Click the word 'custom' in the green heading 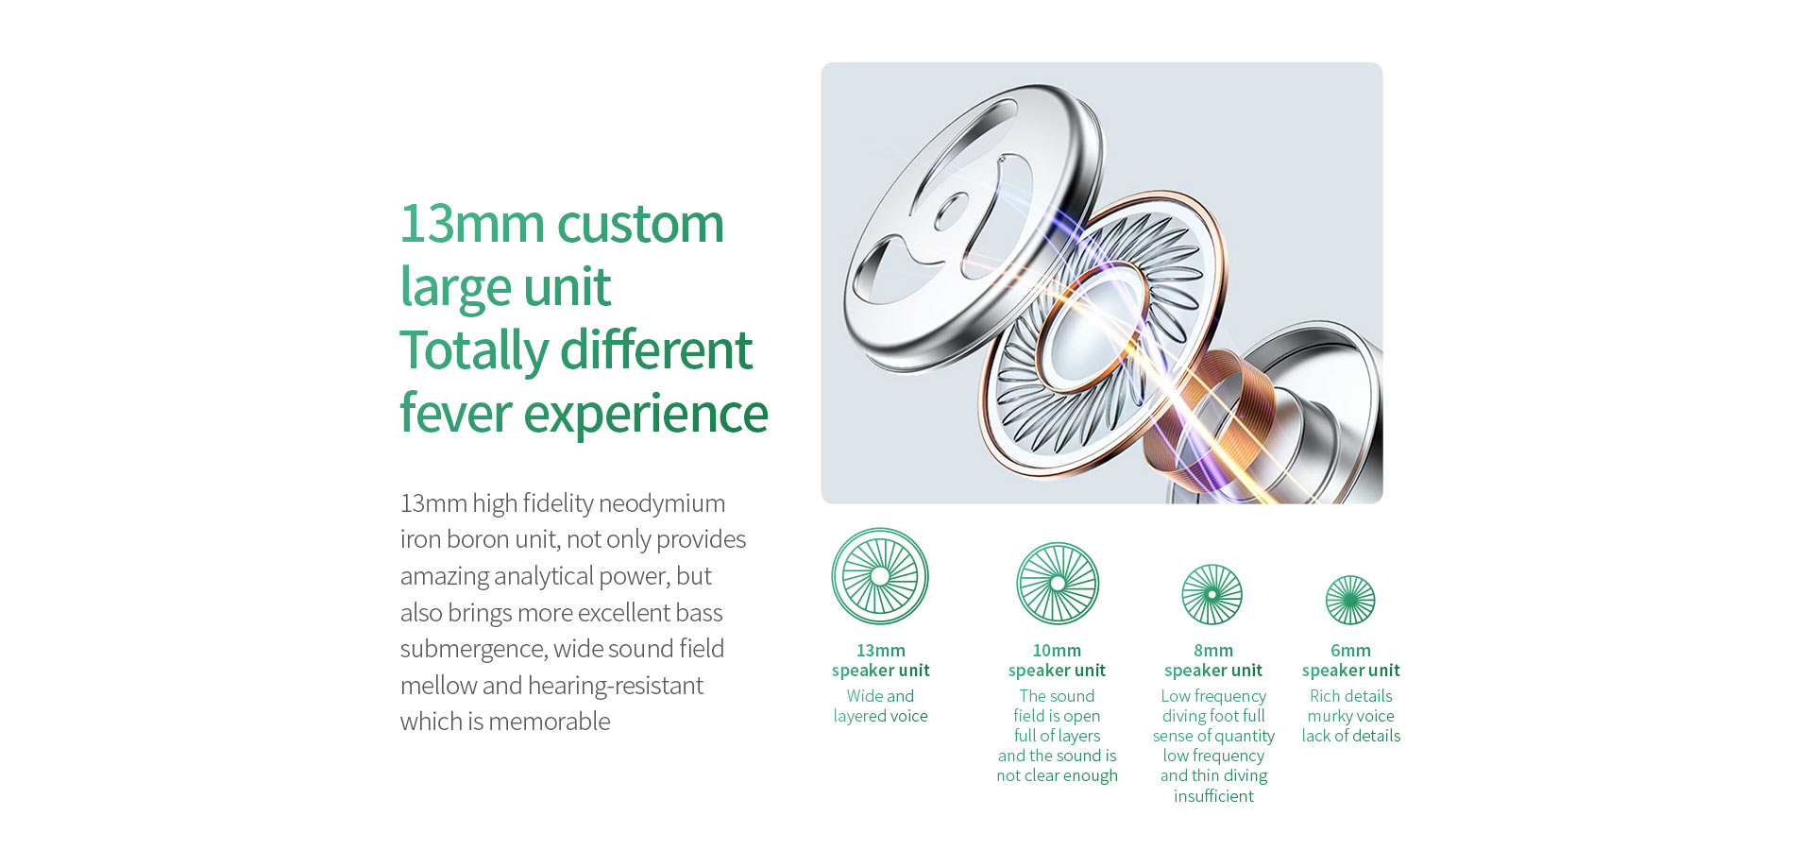point(640,224)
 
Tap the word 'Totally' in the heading point(474,351)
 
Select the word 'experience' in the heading point(646,416)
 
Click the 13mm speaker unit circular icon point(880,576)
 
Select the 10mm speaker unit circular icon point(1058,584)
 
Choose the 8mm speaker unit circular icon point(1212,595)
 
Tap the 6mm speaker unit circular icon point(1350,601)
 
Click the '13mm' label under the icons point(881,651)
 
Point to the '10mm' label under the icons point(1057,651)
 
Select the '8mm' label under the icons point(1213,651)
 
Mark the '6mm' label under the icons point(1350,651)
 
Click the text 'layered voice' point(880,717)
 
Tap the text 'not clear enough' point(1057,776)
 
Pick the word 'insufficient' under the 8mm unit point(1213,796)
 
